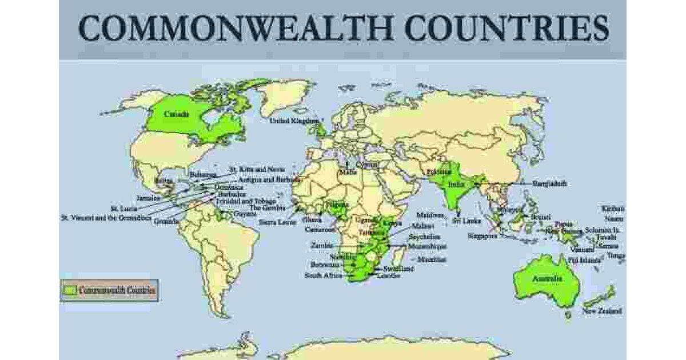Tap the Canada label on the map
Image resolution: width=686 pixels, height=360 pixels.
176,114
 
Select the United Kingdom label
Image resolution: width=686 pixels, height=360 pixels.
294,121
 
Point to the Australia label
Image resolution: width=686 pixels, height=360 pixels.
547,279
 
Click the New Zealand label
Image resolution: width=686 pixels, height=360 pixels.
603,311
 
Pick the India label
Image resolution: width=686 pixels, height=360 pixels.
456,185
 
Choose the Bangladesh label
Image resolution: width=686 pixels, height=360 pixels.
549,184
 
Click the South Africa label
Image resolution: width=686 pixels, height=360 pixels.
322,275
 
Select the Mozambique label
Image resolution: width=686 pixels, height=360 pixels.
428,246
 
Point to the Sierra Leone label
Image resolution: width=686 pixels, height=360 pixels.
277,222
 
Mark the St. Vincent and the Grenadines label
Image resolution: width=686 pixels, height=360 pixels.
106,217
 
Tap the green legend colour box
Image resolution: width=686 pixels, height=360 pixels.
69,290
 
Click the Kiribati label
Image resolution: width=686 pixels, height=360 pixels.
613,209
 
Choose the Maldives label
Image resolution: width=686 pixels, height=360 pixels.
430,215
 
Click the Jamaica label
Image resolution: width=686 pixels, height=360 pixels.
149,198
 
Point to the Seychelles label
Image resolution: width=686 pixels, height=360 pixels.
424,236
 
